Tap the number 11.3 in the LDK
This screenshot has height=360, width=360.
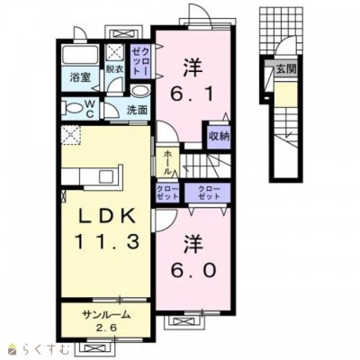tap(107, 241)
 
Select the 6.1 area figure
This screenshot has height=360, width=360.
tap(193, 94)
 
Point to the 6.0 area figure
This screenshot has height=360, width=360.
tap(193, 271)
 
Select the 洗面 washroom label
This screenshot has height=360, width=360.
tap(137, 110)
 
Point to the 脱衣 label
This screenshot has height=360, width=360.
tap(114, 69)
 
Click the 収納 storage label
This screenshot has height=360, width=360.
tap(220, 137)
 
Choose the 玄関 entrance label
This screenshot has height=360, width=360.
tap(286, 69)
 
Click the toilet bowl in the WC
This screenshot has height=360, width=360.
tap(72, 108)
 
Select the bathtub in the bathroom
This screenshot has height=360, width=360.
tap(80, 55)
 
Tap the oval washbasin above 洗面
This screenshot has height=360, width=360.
tap(140, 91)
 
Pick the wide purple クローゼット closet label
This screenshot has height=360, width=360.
tap(209, 193)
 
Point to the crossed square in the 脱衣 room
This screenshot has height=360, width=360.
tap(116, 53)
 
